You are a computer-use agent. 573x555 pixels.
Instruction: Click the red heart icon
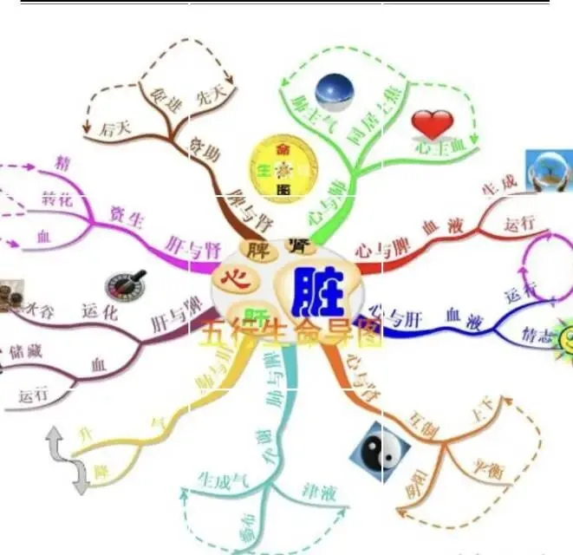click(432, 124)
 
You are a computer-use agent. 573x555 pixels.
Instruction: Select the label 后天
click(114, 130)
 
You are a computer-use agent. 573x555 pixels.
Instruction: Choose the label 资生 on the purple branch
click(127, 214)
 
